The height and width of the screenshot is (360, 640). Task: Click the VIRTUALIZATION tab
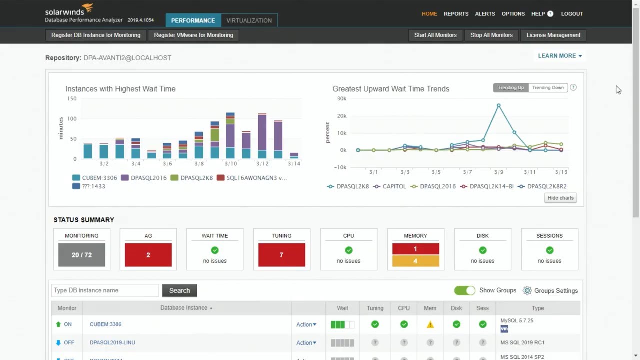pos(249,20)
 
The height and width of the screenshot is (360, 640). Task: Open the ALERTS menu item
pos(485,14)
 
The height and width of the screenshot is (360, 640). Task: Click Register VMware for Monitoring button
pos(193,35)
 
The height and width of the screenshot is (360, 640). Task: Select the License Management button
pos(553,35)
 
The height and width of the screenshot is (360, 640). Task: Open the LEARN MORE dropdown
pos(560,56)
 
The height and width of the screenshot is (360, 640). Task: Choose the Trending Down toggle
pos(548,88)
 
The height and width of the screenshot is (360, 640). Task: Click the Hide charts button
pos(560,198)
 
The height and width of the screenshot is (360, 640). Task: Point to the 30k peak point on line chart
pos(498,106)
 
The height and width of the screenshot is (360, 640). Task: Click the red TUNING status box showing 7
pos(281,255)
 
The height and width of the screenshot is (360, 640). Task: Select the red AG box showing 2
pos(148,255)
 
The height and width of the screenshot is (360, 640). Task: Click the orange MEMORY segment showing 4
pos(415,261)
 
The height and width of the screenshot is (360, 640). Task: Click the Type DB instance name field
pos(105,290)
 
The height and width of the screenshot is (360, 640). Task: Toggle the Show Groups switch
pos(464,290)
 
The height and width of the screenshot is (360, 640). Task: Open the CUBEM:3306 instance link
pos(105,324)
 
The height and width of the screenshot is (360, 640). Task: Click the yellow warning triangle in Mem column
pos(430,325)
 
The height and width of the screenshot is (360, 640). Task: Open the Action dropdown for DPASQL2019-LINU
pos(306,343)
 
